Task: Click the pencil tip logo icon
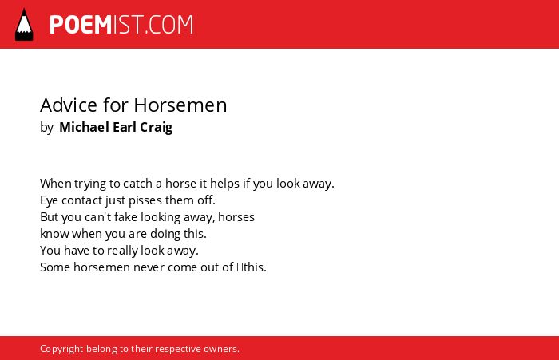pyautogui.click(x=24, y=24)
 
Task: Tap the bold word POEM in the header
pyautogui.click(x=81, y=25)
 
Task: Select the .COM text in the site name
pyautogui.click(x=169, y=25)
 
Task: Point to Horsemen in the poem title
pyautogui.click(x=180, y=105)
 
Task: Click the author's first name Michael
pyautogui.click(x=84, y=127)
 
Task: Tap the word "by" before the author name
pyautogui.click(x=46, y=128)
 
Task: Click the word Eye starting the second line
pyautogui.click(x=49, y=200)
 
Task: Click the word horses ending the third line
pyautogui.click(x=236, y=216)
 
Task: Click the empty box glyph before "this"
pyautogui.click(x=240, y=267)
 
